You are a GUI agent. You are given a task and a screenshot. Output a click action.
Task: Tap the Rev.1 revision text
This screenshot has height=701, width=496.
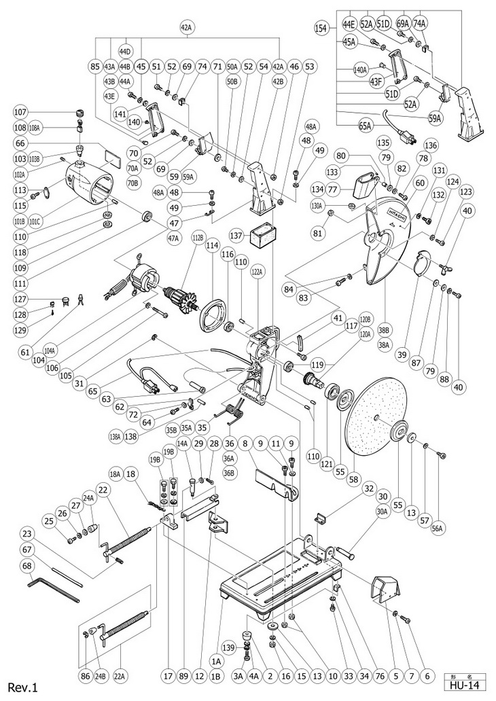(x=22, y=687)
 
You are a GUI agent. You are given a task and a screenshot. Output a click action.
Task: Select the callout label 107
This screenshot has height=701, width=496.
(x=20, y=112)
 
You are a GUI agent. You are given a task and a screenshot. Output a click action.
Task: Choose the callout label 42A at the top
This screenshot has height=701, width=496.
(x=187, y=28)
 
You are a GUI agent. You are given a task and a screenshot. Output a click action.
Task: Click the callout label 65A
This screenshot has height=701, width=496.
(x=365, y=126)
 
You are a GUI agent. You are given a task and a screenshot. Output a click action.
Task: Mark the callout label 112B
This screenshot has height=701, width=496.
(x=198, y=237)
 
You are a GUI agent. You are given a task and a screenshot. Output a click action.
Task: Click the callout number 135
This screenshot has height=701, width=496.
(x=383, y=143)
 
